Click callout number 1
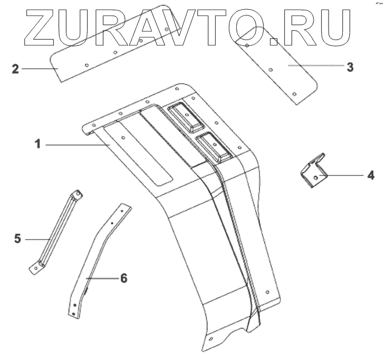(x=37, y=145)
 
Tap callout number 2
(x=15, y=70)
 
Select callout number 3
(x=349, y=66)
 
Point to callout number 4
(x=370, y=175)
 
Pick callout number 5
(x=18, y=237)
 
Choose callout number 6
(x=123, y=278)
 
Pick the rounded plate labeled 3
(x=278, y=63)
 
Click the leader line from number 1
(x=77, y=146)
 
